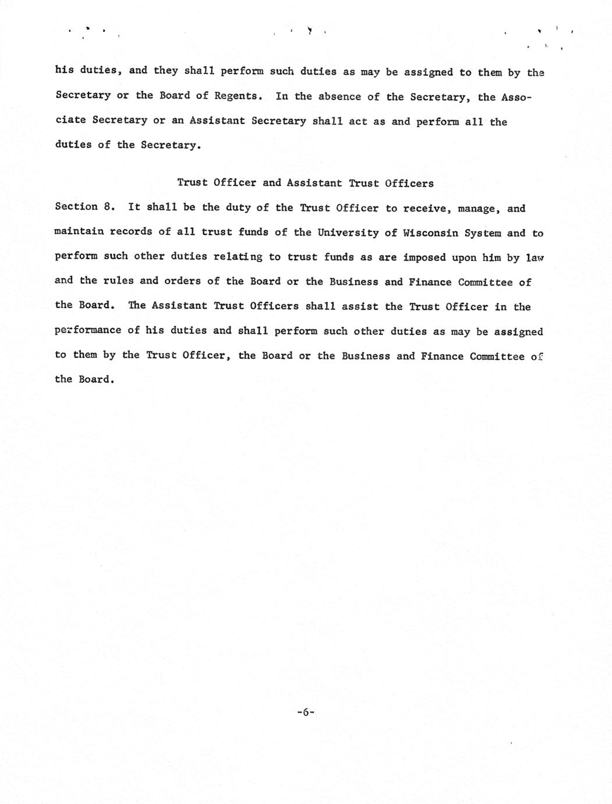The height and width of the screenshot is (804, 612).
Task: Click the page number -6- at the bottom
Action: point(305,711)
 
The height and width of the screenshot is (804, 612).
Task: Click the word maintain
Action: point(79,231)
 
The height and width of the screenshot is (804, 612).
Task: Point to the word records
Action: point(131,232)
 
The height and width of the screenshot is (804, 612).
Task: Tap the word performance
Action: point(88,330)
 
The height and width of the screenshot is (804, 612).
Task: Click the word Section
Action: point(76,207)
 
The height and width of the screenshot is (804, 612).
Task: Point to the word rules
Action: point(118,281)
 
